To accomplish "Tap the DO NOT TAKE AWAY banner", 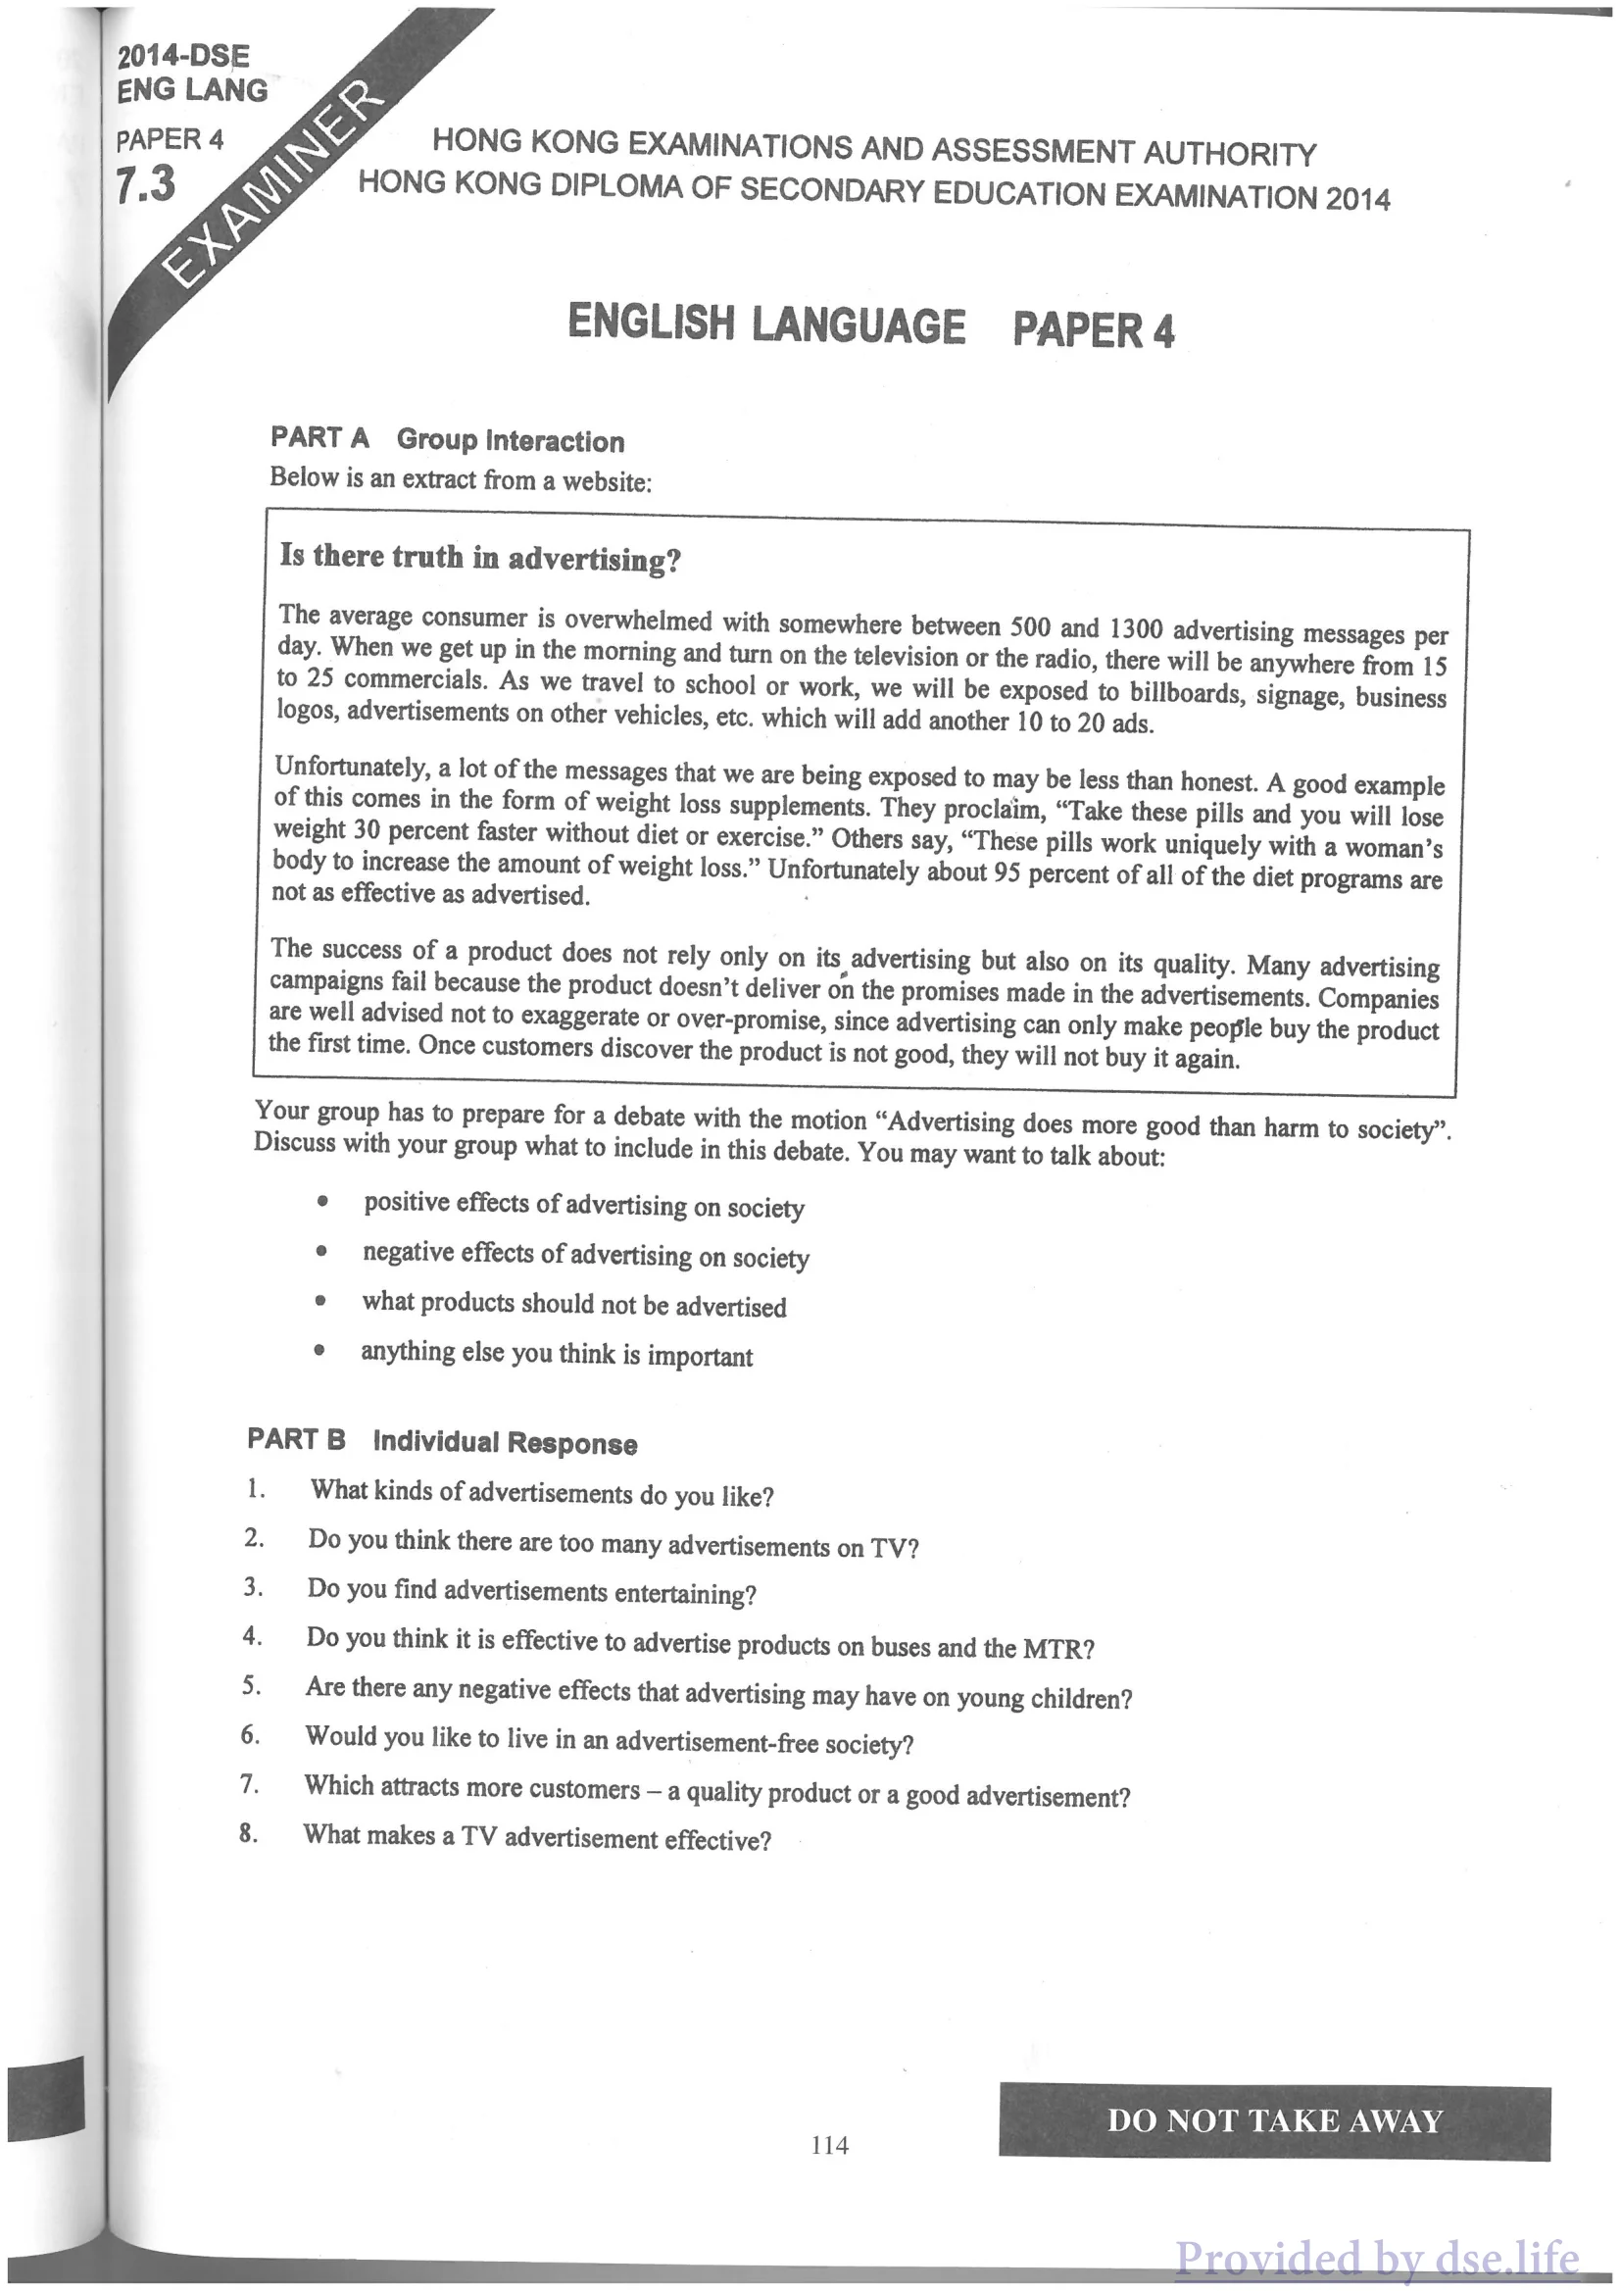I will [x=1275, y=2120].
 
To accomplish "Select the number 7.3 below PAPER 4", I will [x=146, y=185].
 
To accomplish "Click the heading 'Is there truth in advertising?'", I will [x=480, y=558].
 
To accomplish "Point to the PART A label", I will [x=319, y=437].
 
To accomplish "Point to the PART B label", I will [x=296, y=1439].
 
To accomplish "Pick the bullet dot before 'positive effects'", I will [x=321, y=1203].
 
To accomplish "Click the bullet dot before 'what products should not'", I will [x=319, y=1301].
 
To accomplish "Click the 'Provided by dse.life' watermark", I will [x=1377, y=2258].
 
